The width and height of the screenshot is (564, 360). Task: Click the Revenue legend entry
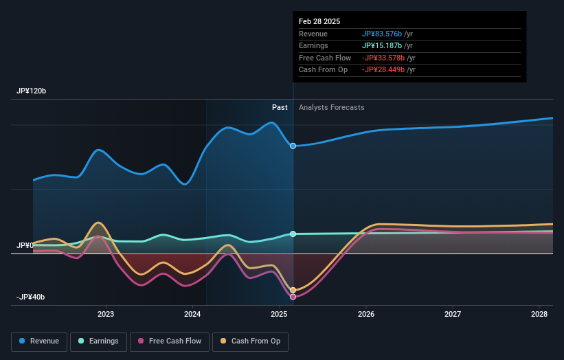tap(39, 341)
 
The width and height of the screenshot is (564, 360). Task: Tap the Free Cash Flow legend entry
tap(169, 341)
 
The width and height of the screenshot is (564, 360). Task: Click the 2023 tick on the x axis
tap(106, 315)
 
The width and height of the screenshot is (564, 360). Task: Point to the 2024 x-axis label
tap(192, 315)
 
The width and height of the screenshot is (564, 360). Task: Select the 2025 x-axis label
tap(279, 315)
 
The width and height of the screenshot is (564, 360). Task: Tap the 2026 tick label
tap(366, 315)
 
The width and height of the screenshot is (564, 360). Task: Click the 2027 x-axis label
tap(453, 315)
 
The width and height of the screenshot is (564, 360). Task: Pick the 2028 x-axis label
tap(539, 315)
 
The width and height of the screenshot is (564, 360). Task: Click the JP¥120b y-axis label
tap(32, 91)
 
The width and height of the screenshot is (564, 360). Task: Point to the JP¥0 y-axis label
tap(25, 245)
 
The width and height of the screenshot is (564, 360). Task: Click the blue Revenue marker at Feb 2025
tap(293, 146)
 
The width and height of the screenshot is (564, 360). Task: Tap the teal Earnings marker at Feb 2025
tap(293, 234)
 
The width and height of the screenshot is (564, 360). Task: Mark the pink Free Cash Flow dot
tap(293, 297)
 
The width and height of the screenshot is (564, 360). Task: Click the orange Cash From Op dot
tap(293, 290)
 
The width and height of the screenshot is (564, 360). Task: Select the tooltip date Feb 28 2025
tap(319, 21)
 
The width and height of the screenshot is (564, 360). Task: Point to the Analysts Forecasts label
tap(331, 107)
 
